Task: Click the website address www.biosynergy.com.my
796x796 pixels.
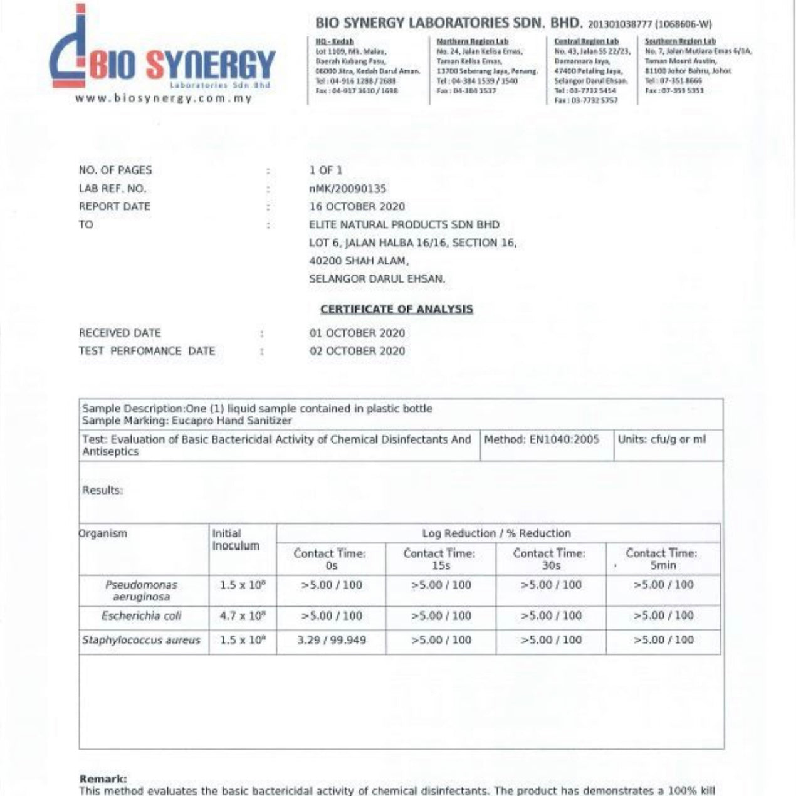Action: click(163, 98)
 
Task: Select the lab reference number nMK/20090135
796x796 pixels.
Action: click(347, 189)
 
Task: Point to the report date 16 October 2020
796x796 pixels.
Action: click(357, 207)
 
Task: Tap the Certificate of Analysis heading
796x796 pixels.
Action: click(397, 309)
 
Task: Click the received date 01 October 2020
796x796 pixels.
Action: click(357, 333)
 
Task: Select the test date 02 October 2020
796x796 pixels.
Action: click(357, 352)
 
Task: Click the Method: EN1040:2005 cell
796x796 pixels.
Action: click(542, 440)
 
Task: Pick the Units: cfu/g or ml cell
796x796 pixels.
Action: click(661, 440)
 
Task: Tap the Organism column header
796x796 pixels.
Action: click(103, 534)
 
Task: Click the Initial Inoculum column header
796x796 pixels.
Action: click(236, 540)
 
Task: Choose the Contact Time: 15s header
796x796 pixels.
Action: click(440, 559)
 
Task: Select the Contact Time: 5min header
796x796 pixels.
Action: click(662, 559)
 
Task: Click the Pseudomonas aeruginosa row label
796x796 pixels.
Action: click(141, 590)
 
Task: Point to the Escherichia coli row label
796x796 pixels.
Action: click(141, 616)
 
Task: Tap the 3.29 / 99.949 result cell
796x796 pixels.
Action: click(331, 641)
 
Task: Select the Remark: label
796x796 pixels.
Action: click(103, 779)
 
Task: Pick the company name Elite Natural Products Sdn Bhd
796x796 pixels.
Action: click(404, 225)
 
